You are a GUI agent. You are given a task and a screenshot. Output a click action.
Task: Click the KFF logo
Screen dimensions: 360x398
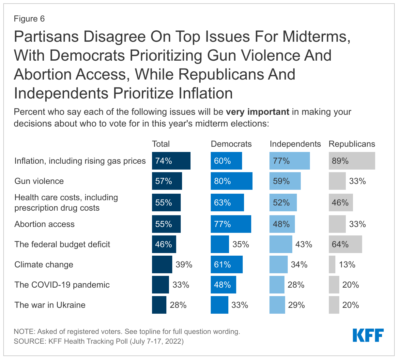(x=368, y=335)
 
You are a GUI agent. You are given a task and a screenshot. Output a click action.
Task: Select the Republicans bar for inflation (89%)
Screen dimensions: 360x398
(x=352, y=161)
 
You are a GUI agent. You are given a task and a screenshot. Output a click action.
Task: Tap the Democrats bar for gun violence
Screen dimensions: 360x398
(x=231, y=181)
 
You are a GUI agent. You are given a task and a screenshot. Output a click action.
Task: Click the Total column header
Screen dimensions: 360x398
(x=161, y=144)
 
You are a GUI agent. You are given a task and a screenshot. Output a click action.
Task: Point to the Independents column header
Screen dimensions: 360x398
(x=295, y=144)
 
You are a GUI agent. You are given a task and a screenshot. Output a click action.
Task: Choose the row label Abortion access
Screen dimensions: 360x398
(x=44, y=224)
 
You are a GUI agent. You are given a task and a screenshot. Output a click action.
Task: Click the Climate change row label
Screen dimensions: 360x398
(x=44, y=264)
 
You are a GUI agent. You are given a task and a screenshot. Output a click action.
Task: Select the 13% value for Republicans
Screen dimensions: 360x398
(x=347, y=264)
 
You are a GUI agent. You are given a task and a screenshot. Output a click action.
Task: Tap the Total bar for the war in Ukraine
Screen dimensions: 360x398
(x=159, y=305)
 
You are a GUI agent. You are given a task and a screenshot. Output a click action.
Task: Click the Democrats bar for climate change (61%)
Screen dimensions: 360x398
(x=226, y=264)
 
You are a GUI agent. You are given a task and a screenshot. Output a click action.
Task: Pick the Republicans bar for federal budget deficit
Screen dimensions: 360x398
(x=345, y=244)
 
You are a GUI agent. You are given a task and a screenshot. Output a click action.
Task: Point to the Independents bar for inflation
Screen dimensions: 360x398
(x=289, y=161)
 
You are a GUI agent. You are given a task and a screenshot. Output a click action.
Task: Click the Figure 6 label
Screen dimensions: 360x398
(x=29, y=19)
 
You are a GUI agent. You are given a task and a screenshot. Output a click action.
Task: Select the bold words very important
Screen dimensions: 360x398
(x=257, y=112)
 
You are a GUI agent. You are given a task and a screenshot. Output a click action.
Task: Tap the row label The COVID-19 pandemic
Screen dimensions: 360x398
(x=62, y=285)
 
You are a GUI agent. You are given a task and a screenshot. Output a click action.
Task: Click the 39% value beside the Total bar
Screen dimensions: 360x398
(x=184, y=264)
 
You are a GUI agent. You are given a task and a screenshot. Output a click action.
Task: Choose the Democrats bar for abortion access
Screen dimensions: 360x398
(x=231, y=224)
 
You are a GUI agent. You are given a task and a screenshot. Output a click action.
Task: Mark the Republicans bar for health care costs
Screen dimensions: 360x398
(x=341, y=202)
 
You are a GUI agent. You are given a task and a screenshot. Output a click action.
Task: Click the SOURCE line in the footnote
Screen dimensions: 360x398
(x=99, y=341)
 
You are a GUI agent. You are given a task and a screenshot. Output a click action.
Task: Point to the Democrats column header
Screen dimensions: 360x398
(x=231, y=144)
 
